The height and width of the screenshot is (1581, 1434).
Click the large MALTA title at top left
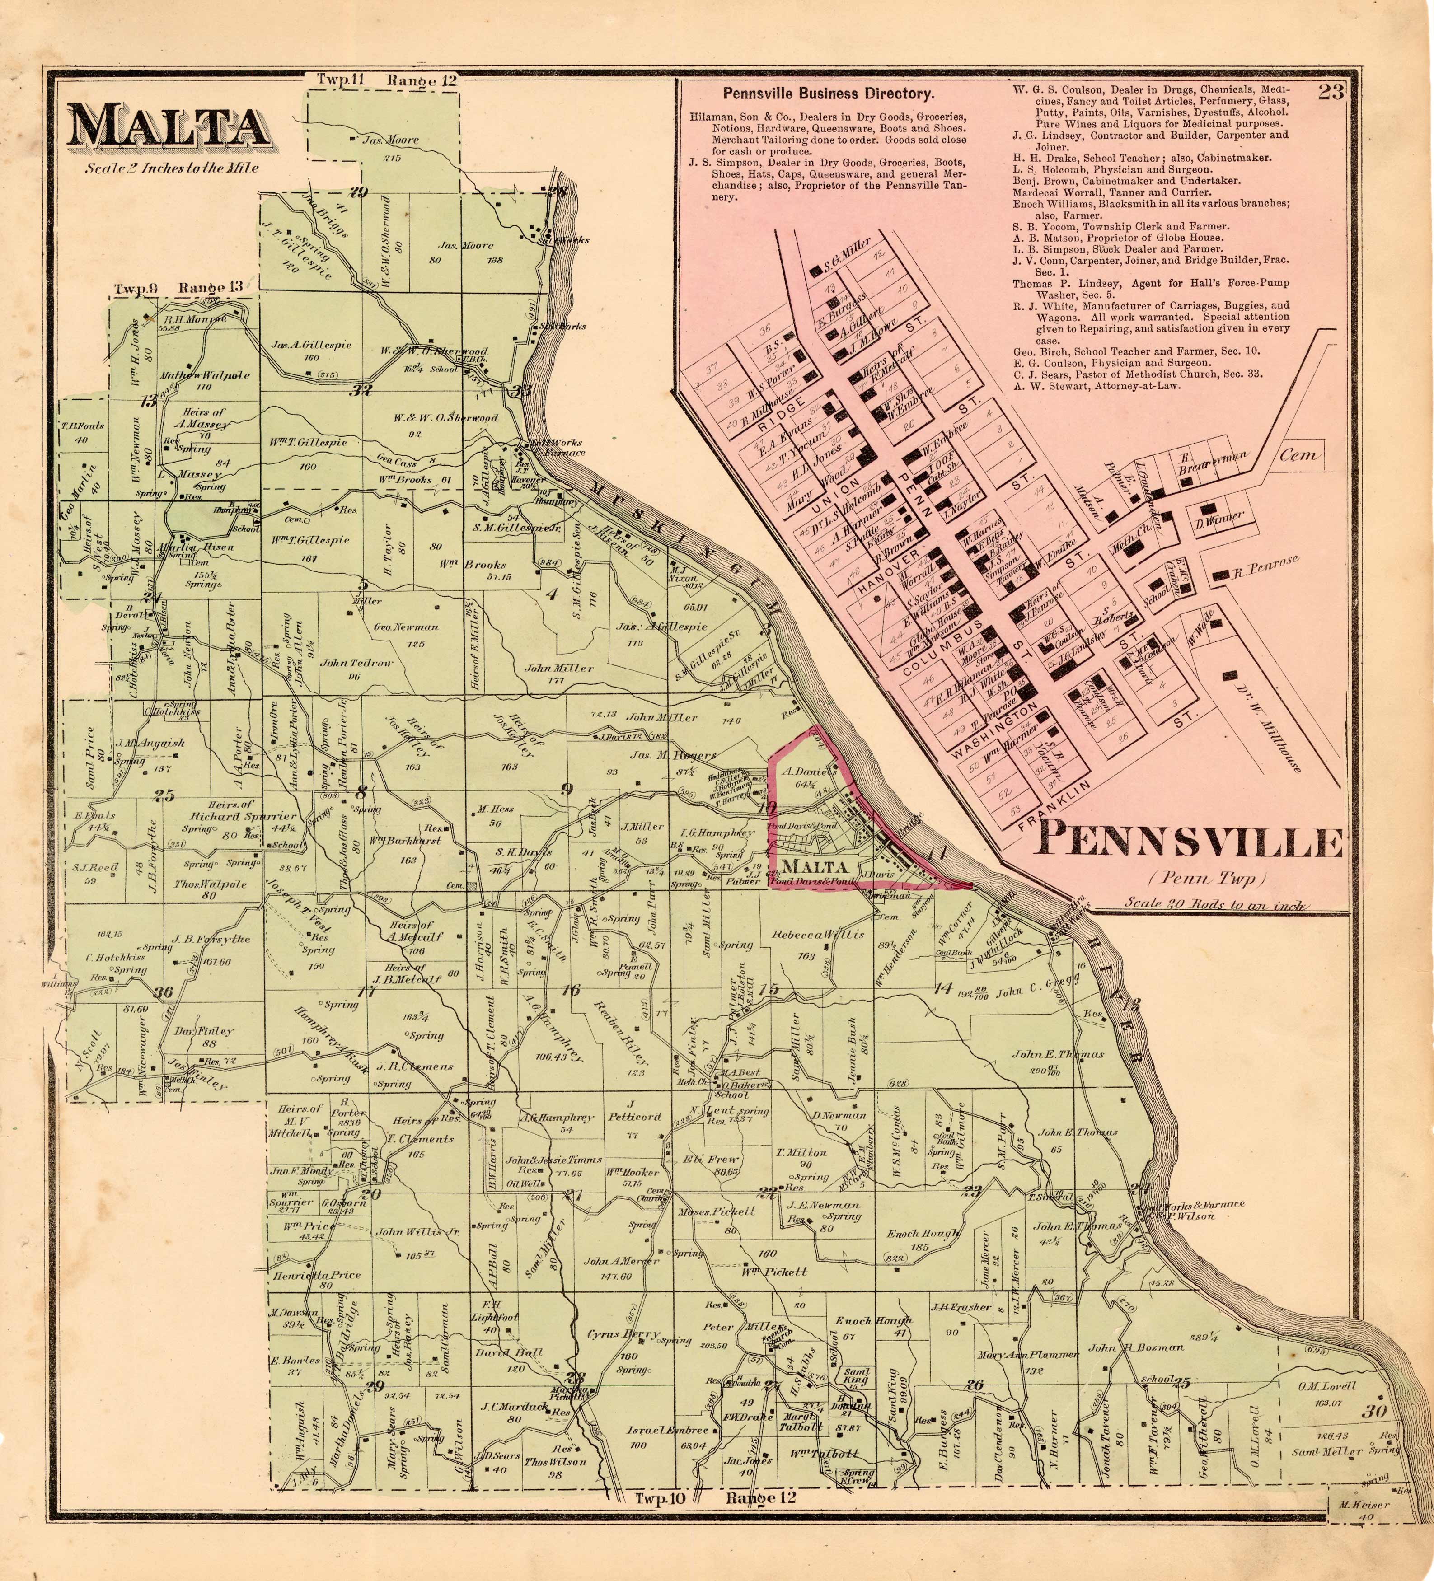point(169,126)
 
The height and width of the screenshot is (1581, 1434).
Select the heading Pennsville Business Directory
point(829,94)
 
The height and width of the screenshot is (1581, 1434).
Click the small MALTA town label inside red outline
point(815,866)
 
